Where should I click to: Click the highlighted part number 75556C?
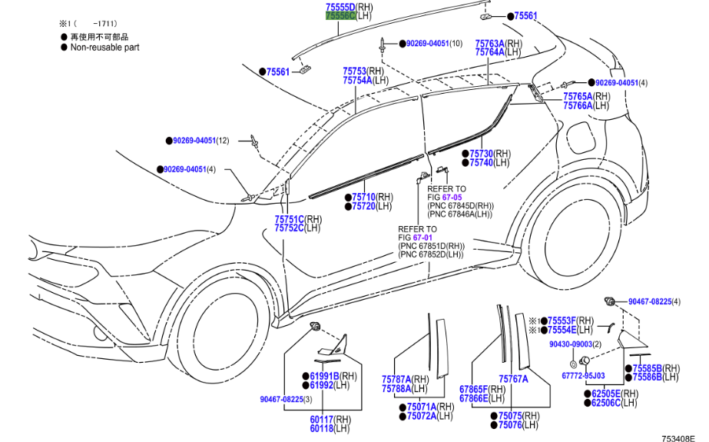(x=340, y=15)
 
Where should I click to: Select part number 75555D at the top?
(x=340, y=6)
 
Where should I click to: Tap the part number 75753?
(x=356, y=71)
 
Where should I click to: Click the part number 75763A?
(x=489, y=44)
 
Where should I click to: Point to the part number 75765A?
(x=578, y=97)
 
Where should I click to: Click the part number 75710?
(x=364, y=198)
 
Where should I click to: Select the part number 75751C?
(x=290, y=219)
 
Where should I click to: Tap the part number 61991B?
(x=324, y=376)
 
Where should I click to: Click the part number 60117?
(x=323, y=419)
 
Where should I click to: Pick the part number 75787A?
(x=396, y=379)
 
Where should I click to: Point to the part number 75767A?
(x=512, y=379)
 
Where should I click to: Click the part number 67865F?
(x=473, y=389)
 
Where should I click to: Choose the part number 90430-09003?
(x=569, y=344)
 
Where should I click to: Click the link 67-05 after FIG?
(x=456, y=197)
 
